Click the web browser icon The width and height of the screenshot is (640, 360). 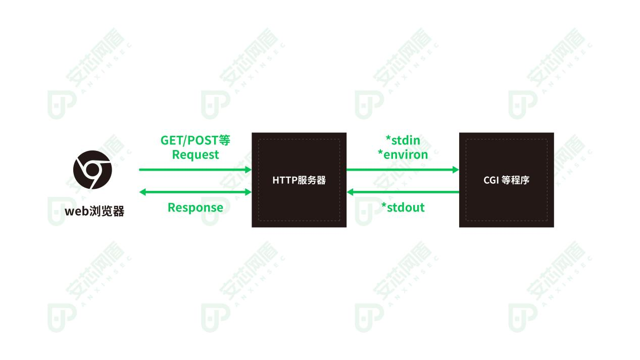(92, 170)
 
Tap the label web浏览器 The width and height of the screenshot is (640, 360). (94, 211)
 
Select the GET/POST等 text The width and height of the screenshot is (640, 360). (195, 140)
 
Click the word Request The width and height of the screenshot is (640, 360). (195, 155)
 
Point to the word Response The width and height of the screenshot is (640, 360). (195, 207)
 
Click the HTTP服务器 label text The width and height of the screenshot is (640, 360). (299, 180)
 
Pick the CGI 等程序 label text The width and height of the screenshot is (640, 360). (507, 180)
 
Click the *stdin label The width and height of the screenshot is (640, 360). (403, 140)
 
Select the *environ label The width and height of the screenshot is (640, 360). (403, 155)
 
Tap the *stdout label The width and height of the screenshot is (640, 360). (403, 207)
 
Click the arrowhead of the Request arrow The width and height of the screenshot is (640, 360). (249, 170)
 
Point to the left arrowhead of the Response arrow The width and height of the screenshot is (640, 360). (142, 192)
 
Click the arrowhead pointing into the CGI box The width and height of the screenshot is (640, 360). (456, 170)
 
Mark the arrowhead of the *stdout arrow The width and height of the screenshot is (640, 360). (350, 192)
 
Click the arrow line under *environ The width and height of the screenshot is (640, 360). (403, 170)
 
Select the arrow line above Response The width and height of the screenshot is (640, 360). (195, 192)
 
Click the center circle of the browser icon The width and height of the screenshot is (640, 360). (92, 170)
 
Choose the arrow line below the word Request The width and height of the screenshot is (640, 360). (195, 170)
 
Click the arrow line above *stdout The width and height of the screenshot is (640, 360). (403, 192)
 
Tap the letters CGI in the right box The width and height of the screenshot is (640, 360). (491, 180)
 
